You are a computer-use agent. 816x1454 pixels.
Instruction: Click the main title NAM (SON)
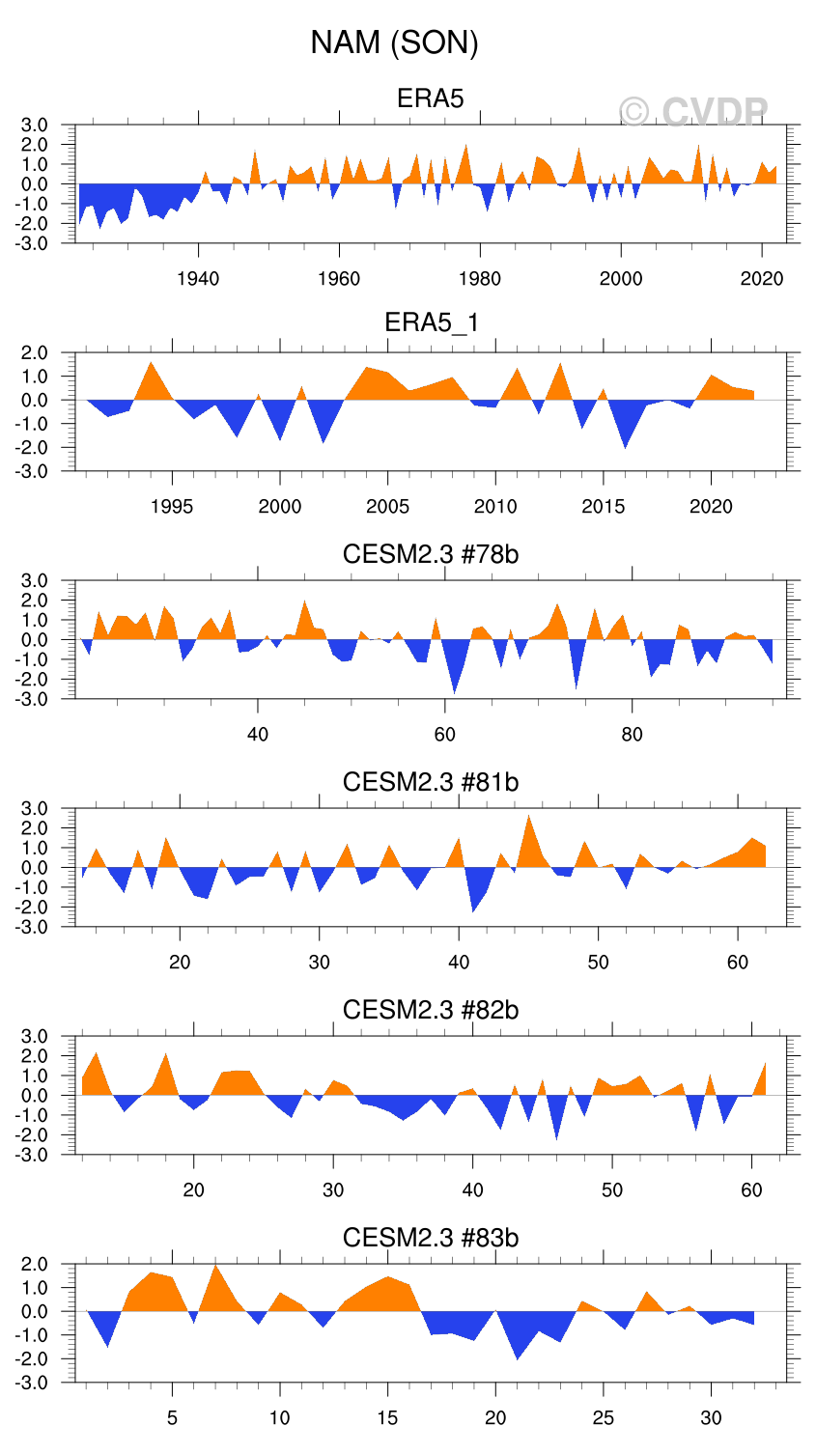[x=394, y=42]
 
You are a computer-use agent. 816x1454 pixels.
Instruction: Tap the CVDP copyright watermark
[x=693, y=112]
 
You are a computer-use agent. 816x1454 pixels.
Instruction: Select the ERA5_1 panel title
[x=431, y=322]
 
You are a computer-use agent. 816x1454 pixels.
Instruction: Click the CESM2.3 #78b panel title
[x=431, y=554]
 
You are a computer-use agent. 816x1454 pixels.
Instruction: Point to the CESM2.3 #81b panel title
[x=431, y=782]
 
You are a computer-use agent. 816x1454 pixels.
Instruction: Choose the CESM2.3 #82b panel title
[x=431, y=1010]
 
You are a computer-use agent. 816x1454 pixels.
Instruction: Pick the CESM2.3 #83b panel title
[x=431, y=1238]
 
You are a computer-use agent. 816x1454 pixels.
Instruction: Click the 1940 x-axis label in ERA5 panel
[x=198, y=279]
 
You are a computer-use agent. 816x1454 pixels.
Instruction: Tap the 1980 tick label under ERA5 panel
[x=480, y=279]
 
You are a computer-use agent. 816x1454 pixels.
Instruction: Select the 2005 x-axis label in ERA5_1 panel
[x=387, y=507]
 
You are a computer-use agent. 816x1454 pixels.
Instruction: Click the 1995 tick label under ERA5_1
[x=172, y=507]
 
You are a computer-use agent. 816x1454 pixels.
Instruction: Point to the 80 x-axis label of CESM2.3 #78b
[x=632, y=735]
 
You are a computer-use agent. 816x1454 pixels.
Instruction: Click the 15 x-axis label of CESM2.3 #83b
[x=387, y=1418]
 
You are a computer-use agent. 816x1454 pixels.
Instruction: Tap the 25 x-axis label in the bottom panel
[x=604, y=1418]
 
